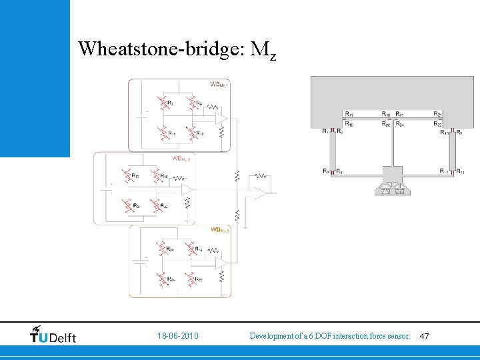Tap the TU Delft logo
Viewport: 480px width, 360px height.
pos(53,334)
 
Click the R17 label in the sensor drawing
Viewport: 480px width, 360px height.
pos(349,115)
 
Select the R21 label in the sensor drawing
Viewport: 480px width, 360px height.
pos(437,115)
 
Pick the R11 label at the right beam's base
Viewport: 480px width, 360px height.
pos(460,172)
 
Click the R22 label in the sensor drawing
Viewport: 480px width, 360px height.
pos(437,124)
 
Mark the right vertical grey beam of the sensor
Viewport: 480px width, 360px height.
pos(452,151)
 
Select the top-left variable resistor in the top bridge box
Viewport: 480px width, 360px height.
pos(163,104)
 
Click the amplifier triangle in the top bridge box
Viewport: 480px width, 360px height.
pos(221,119)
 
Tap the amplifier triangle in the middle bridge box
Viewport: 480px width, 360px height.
pos(189,191)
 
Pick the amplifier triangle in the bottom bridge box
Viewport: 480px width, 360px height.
pos(221,263)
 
